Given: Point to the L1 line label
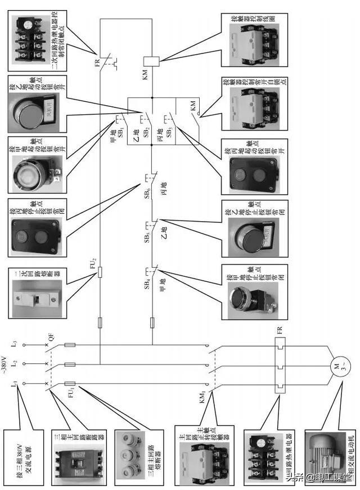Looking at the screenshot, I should click(x=12, y=384).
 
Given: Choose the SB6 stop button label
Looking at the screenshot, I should click(x=147, y=193).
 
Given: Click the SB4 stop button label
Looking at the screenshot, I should click(x=146, y=283).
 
